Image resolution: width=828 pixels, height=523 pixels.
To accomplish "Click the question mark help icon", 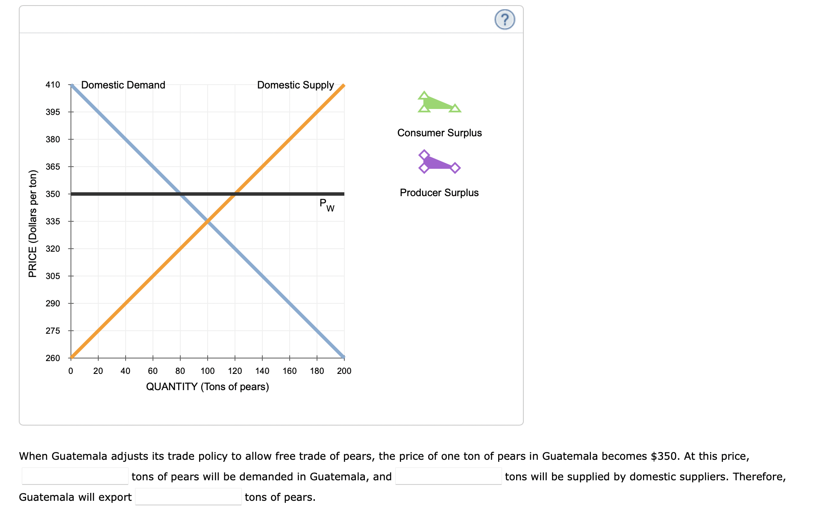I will coord(505,20).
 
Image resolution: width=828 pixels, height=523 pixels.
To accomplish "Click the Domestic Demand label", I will coord(123,85).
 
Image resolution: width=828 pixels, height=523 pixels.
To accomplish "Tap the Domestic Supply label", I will coord(295,85).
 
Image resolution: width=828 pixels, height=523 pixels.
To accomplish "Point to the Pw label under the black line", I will coord(327,205).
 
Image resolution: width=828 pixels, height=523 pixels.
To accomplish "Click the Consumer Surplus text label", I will coord(439,133).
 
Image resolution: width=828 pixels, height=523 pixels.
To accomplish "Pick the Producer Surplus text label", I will coord(439,193).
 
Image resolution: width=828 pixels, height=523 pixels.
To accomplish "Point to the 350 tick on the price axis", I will coord(53,194).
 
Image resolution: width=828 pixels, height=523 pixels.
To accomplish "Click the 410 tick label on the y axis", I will coord(53,85).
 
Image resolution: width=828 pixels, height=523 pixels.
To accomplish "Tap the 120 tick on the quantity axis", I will coord(235,371).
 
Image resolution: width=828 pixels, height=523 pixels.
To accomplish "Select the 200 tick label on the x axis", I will coord(344,371).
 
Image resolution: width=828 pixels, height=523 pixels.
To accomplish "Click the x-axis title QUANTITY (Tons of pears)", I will coord(208,387).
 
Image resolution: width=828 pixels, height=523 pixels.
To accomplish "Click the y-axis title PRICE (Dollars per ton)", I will coord(33,223).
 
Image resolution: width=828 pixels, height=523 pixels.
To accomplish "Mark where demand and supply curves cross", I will coord(208,221).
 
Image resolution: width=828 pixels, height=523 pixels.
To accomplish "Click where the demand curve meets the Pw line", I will coord(180,194).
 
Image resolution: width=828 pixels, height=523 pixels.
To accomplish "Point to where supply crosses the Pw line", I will coord(235,194).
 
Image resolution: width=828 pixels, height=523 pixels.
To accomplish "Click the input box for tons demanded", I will coord(75,476).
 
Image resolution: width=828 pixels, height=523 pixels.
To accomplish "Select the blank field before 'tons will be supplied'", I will coord(448,476).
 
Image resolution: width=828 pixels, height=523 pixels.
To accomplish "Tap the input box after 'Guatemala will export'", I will coord(188,497).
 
